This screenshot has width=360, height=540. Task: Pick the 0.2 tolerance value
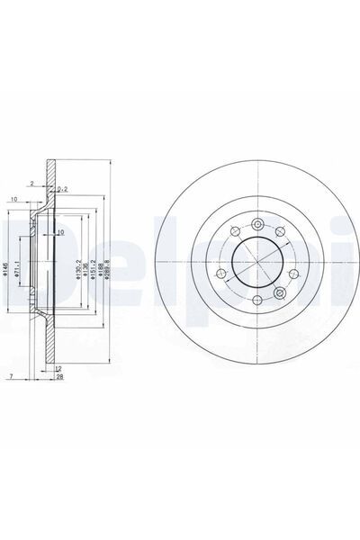tap(63, 190)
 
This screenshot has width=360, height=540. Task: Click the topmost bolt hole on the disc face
tap(256, 224)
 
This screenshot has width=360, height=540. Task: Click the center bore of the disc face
tap(256, 263)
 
